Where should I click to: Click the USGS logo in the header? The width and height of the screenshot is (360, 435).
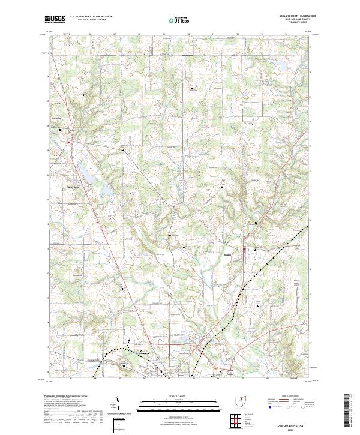pos(55,19)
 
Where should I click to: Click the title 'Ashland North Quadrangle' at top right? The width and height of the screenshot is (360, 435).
pos(292,16)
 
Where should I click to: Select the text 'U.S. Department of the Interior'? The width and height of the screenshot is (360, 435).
pos(91,17)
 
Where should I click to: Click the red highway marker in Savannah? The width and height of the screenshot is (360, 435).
pos(68,142)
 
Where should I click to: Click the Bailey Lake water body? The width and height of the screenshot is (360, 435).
pos(85,176)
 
